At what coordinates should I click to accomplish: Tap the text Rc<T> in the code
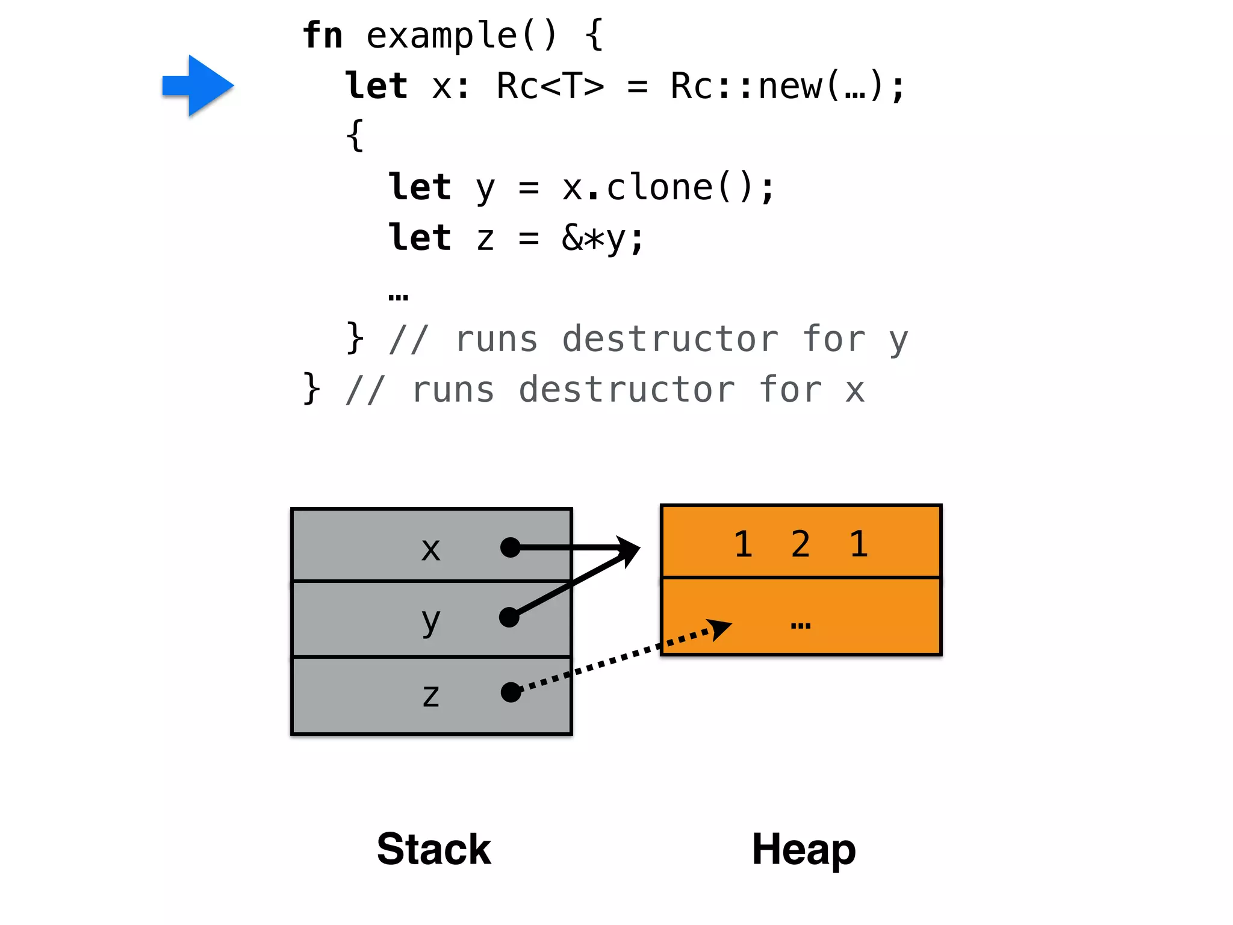[550, 86]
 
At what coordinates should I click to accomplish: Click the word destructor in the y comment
[670, 339]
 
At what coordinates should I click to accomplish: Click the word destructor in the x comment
[627, 390]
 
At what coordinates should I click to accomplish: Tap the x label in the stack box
[430, 549]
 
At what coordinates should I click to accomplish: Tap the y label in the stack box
[430, 621]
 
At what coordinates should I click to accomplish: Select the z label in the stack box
[430, 696]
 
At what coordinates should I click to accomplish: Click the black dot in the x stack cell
[511, 547]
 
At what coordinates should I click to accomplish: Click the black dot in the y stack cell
[509, 617]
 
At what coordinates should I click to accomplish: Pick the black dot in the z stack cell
[511, 692]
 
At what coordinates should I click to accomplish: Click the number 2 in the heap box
[800, 544]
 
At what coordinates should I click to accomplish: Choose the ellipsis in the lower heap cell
[801, 626]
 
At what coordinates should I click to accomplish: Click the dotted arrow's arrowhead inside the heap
[719, 629]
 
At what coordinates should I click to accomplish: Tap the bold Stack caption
[433, 849]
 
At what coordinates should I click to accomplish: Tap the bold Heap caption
[804, 849]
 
